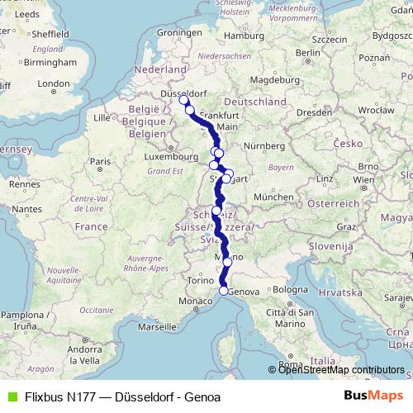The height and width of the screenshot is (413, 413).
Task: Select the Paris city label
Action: pos(100,161)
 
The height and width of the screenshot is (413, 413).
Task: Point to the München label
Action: pos(274,197)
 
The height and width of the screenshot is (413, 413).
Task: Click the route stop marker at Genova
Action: pos(223,291)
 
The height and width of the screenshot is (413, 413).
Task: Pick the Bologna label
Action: pos(290,291)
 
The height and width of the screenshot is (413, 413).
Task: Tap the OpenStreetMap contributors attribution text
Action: pos(341,370)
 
